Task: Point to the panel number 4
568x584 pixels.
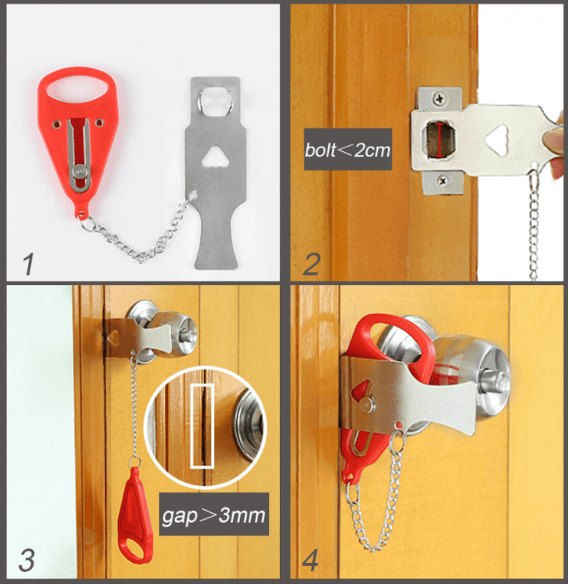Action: [312, 561]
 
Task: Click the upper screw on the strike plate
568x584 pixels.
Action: [440, 96]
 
